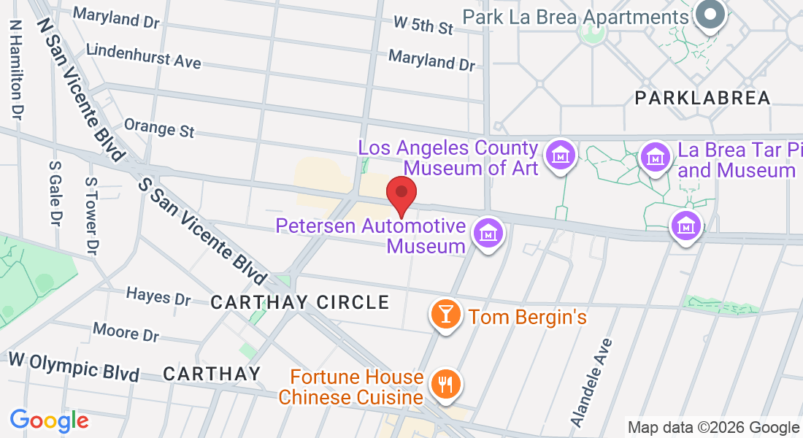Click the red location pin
401,193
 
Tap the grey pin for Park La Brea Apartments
707,15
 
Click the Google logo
49,420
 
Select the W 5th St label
423,26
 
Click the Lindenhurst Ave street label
143,55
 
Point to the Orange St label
159,128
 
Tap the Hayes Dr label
158,296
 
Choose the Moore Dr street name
126,332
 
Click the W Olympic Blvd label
73,366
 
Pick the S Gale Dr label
54,193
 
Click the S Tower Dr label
91,215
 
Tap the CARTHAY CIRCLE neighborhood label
300,302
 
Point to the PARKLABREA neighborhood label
702,98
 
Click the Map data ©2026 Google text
713,428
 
